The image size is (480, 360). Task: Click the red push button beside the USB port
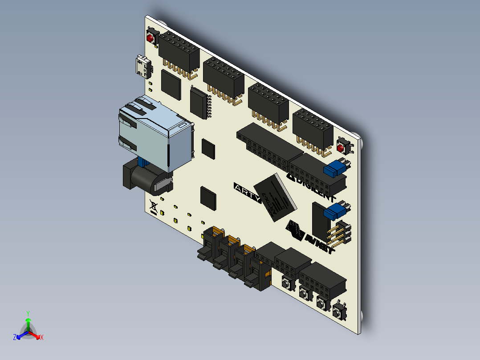(151, 37)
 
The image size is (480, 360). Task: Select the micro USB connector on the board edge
(143, 67)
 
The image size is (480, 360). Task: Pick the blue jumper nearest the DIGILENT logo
(336, 168)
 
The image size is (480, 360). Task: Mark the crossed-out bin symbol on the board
(153, 206)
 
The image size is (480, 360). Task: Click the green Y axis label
(28, 313)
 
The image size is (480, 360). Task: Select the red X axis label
(42, 338)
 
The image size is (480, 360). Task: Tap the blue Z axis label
(15, 338)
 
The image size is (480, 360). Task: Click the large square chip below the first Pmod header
(171, 85)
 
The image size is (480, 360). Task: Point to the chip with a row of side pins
(199, 103)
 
